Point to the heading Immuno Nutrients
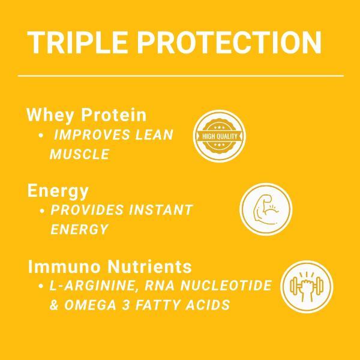[x=110, y=266]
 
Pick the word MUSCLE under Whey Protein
[x=79, y=154]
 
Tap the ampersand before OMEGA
[x=54, y=305]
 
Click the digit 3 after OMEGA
[x=127, y=305]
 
